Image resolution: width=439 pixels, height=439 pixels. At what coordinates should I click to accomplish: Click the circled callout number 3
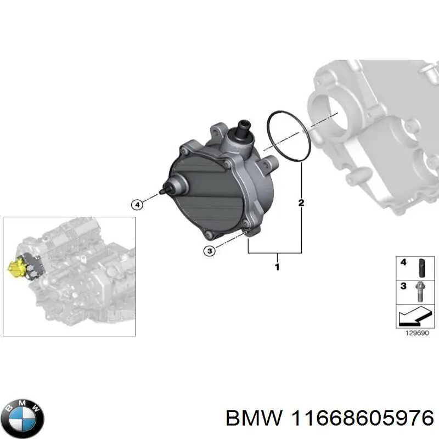(209, 251)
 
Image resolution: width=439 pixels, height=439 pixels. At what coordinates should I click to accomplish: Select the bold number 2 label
(301, 204)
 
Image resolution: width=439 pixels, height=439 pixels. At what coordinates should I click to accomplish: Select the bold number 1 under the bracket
(277, 267)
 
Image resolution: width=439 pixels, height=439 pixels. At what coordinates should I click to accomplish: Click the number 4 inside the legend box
(403, 262)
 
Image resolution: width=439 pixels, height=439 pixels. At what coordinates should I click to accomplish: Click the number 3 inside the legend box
(403, 286)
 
